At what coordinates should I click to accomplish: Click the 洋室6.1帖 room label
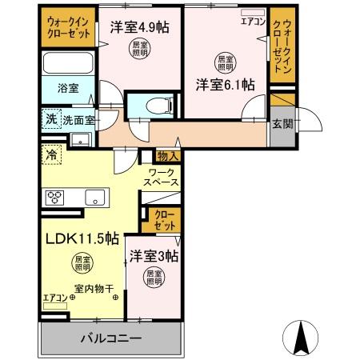point(225,85)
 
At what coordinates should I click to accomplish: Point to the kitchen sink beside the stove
point(94,197)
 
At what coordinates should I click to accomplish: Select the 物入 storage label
point(167,157)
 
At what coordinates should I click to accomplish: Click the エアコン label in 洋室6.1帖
point(252,22)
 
